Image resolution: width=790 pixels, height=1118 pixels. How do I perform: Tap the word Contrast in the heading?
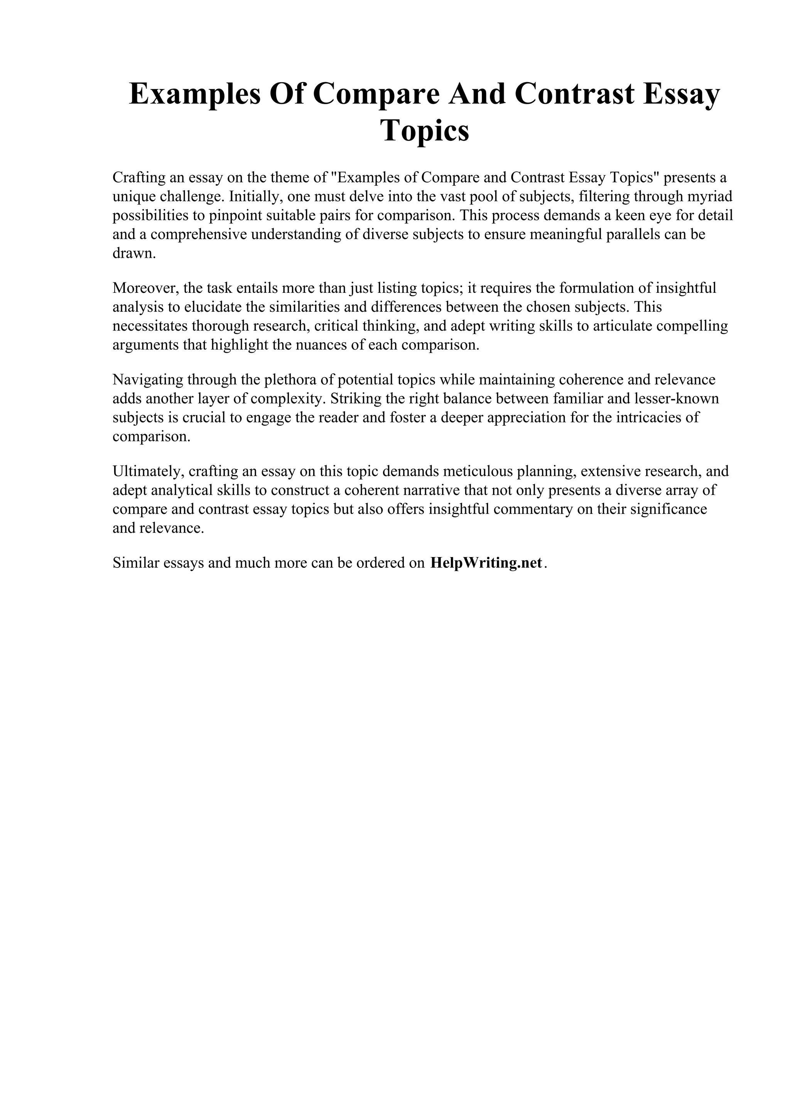click(x=574, y=94)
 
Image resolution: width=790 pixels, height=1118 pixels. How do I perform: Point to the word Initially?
click(x=255, y=196)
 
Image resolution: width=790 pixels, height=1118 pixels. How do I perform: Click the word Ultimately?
click(x=148, y=471)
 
